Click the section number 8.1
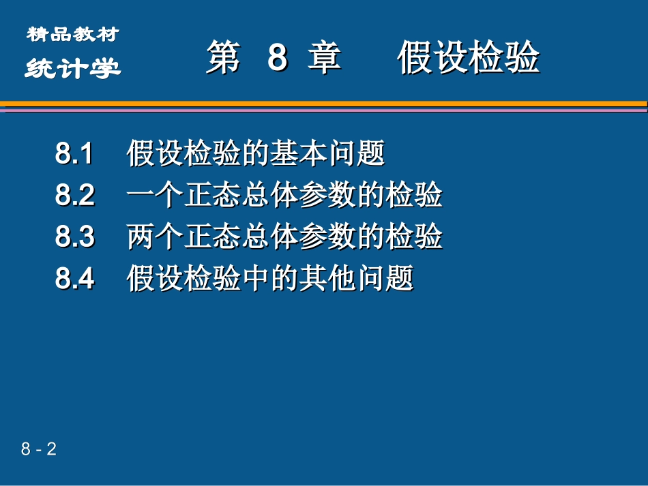click(74, 154)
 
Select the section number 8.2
click(75, 196)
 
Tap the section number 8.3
click(75, 237)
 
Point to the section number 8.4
click(75, 279)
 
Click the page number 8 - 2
click(38, 449)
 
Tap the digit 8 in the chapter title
click(277, 57)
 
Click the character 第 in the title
click(224, 57)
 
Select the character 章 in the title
click(325, 57)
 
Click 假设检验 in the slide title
click(469, 57)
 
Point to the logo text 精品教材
click(72, 33)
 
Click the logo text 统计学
click(72, 68)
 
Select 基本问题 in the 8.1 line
click(327, 154)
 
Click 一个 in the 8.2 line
click(155, 196)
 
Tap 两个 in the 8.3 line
click(155, 237)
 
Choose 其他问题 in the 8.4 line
click(356, 279)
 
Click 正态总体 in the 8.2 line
click(241, 196)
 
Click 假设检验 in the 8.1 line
click(183, 154)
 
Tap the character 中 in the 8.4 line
click(256, 279)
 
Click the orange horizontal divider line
click(324, 104)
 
